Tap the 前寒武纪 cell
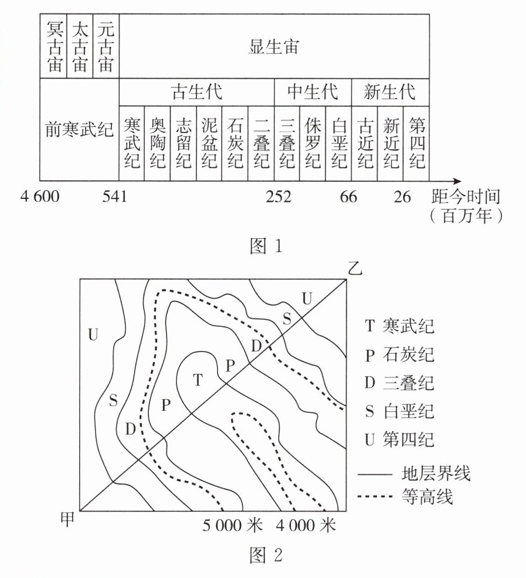[79, 130]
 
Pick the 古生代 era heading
[196, 92]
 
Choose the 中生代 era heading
[313, 92]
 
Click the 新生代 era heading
[389, 92]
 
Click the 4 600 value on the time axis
[40, 197]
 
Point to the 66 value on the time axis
[348, 197]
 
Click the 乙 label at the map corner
[355, 269]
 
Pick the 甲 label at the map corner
[69, 519]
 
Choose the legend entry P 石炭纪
[399, 354]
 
